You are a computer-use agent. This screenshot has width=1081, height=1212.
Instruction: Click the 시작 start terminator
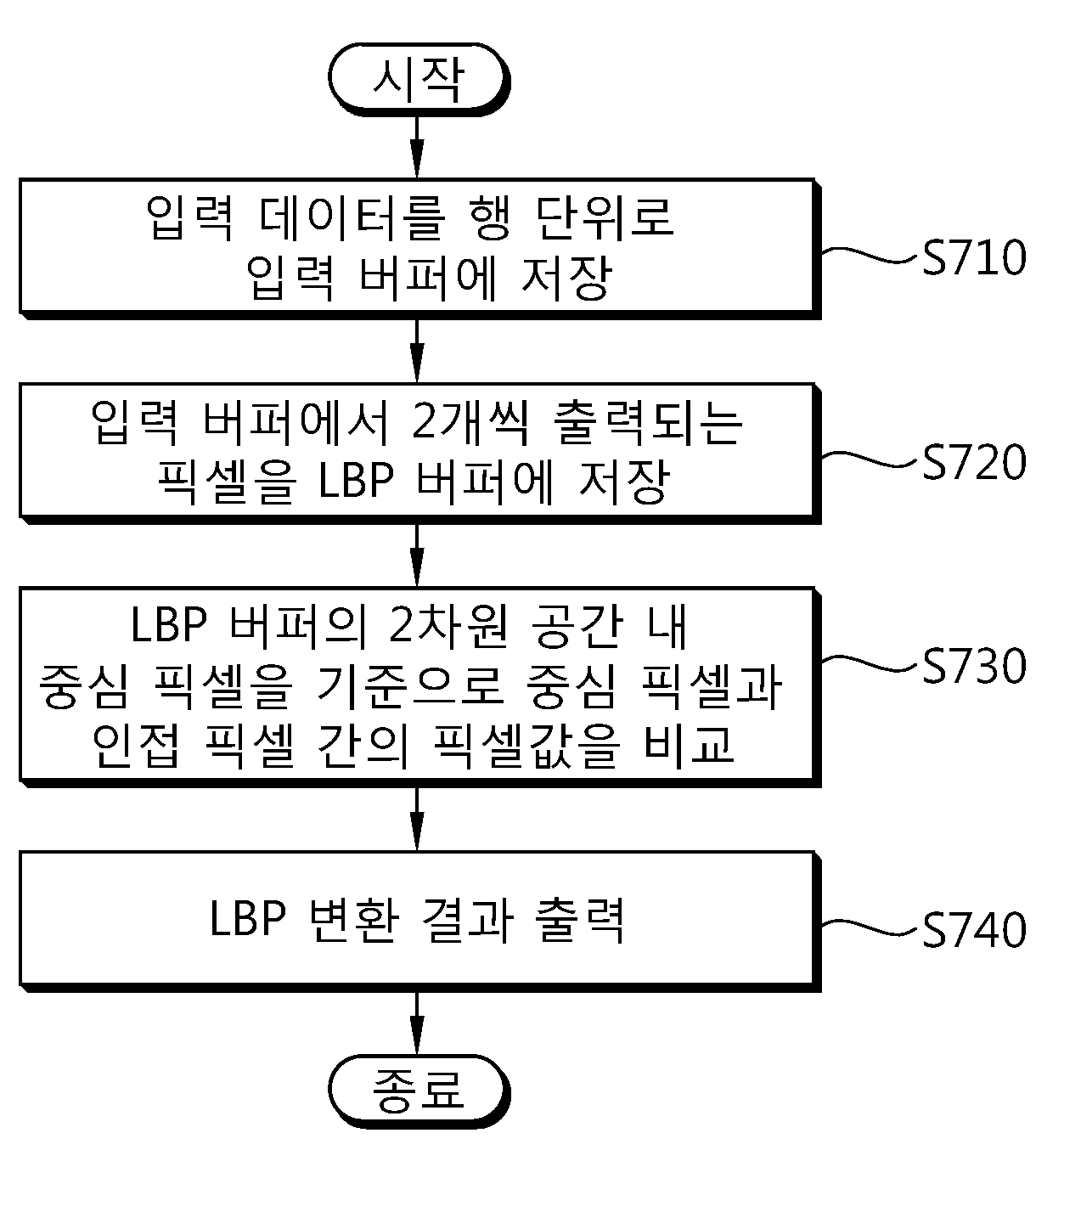point(419,79)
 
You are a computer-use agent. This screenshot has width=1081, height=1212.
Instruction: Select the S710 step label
point(974,258)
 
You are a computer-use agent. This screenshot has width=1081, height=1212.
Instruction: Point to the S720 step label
point(974,462)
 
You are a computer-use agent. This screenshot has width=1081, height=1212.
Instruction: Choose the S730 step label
point(974,666)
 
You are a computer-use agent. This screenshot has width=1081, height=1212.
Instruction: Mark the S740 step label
point(974,930)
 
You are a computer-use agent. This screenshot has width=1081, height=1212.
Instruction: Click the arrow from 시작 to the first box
point(417,147)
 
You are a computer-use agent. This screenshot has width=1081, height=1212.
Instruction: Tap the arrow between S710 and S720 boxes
point(417,351)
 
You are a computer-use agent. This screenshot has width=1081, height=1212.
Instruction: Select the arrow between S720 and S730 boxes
point(417,555)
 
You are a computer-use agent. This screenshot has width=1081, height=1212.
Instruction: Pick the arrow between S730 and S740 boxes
point(417,819)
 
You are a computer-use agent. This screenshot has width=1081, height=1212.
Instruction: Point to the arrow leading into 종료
point(417,1023)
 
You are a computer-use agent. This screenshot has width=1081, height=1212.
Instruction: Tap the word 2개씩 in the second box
point(470,422)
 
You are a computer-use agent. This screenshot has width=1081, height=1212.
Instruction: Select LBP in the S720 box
point(357,481)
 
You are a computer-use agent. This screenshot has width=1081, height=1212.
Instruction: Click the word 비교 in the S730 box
point(689,745)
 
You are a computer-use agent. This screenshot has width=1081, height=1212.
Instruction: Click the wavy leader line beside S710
point(870,255)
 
